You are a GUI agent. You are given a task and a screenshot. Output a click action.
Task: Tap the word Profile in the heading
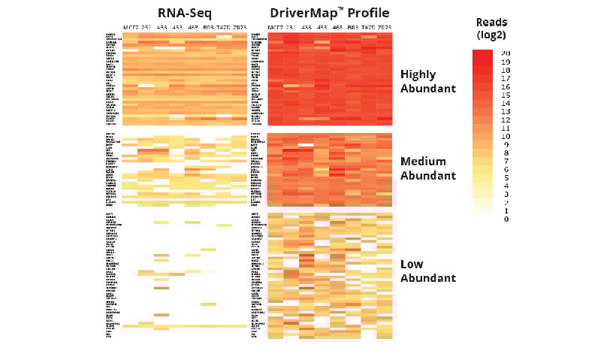point(364,13)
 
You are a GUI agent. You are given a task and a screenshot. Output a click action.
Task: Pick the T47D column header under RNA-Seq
point(222,28)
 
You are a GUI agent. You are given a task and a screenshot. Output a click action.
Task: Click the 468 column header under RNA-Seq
point(192,28)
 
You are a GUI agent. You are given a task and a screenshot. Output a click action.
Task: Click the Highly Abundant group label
point(428,81)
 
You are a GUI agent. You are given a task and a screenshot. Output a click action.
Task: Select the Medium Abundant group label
point(428,168)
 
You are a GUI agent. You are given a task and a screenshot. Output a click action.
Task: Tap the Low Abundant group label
point(428,271)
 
